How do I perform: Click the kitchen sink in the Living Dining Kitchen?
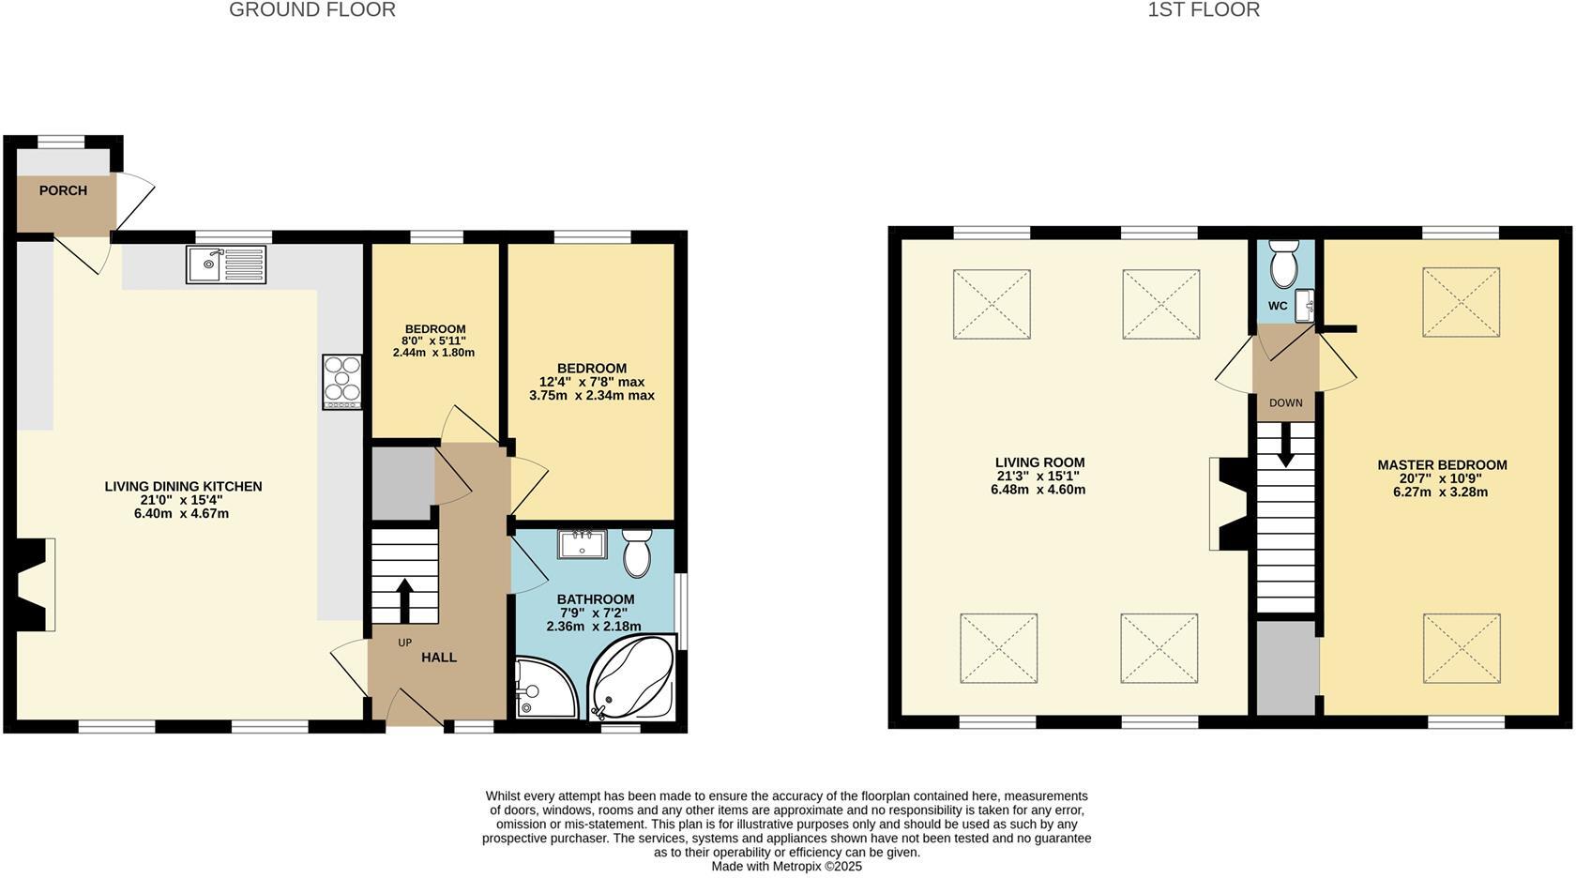(226, 265)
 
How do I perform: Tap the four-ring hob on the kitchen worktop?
(342, 381)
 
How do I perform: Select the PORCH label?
(63, 190)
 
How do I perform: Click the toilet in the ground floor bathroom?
(637, 553)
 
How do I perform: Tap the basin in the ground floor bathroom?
(582, 544)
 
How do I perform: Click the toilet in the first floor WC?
(1281, 265)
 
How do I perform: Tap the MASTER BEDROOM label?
(1442, 465)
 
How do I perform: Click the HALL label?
(439, 658)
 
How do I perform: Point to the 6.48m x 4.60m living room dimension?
(1038, 490)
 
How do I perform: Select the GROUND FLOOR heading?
(312, 10)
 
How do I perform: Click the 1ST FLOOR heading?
(1204, 10)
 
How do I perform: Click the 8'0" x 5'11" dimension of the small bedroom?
(433, 341)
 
